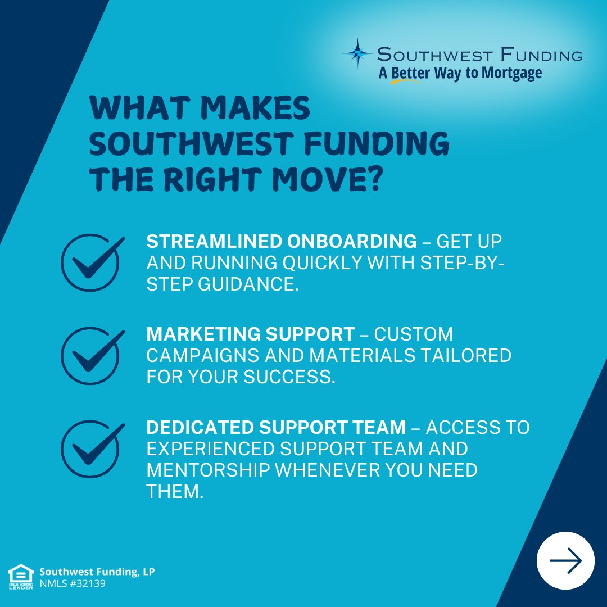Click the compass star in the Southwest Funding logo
[x=357, y=53]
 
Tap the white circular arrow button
[x=565, y=560]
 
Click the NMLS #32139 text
[x=72, y=583]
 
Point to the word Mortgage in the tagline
[x=513, y=73]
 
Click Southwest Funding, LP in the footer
[x=97, y=572]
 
